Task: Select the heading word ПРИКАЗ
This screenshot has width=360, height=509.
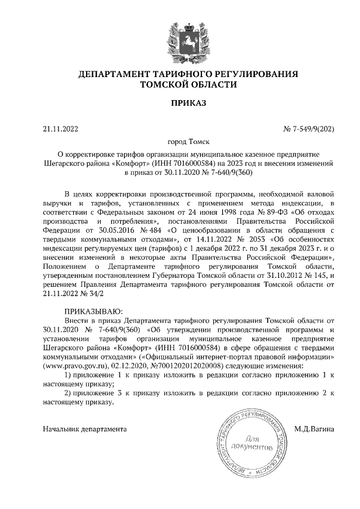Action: (180, 103)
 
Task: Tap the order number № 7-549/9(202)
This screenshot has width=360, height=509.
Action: (308, 129)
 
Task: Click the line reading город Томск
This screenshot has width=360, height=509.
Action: (180, 143)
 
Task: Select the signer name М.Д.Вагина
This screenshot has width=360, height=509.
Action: (314, 429)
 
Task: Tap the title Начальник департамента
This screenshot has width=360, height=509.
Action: (85, 429)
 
